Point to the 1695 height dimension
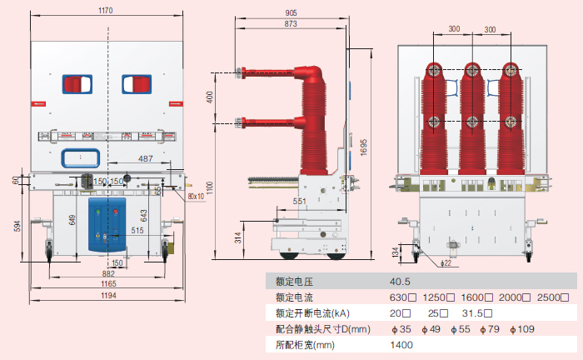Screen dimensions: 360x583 tap(363, 146)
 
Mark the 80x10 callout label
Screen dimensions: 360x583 tap(197, 196)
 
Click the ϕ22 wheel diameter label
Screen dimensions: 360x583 tap(446, 262)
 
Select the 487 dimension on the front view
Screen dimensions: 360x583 tap(145, 158)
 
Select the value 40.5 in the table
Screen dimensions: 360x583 tap(401, 282)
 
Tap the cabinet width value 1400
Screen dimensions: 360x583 tap(401, 344)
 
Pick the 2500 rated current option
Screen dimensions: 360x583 tap(556, 297)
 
